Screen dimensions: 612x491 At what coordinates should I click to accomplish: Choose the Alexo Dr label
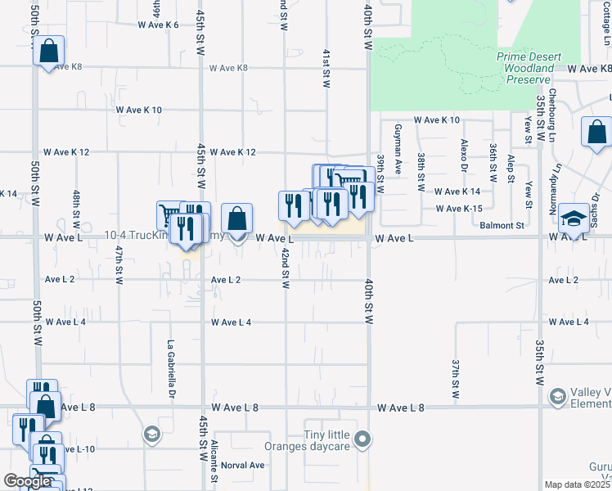463,154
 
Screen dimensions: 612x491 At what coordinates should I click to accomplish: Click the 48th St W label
75,209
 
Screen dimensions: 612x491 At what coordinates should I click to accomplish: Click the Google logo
27,481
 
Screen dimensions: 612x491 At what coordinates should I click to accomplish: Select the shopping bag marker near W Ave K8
49,51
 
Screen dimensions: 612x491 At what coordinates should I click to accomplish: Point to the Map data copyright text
578,484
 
